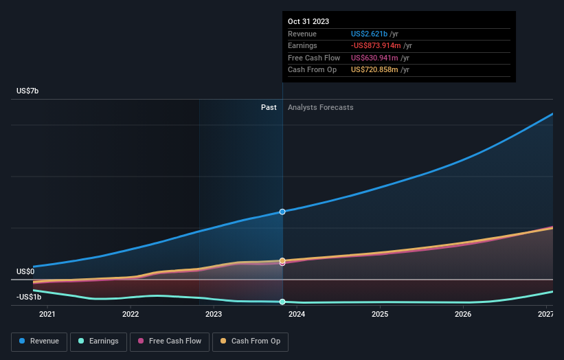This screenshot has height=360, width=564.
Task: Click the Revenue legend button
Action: pos(39,341)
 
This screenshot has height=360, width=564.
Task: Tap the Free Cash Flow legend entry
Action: pos(170,341)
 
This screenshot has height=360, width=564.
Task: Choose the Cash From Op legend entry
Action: pos(251,341)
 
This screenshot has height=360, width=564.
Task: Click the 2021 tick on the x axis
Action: pos(47,315)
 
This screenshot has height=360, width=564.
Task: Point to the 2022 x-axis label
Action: pos(131,315)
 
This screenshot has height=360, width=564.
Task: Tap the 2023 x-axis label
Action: pos(214,315)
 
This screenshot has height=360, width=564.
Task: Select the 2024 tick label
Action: pos(297,315)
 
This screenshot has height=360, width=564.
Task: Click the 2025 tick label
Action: pos(380,315)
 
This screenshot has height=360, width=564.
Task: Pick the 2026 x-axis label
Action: pos(463,315)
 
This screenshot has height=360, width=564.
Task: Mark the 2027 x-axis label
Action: pos(546,315)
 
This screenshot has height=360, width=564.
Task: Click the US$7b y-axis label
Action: pos(29,91)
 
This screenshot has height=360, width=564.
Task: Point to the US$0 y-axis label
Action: pos(25,271)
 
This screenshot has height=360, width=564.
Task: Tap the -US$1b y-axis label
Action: pos(29,297)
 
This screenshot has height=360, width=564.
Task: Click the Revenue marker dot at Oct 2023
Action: pos(282,212)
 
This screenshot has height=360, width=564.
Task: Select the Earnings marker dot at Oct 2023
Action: pos(282,302)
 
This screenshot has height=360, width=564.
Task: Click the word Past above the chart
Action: pos(269,107)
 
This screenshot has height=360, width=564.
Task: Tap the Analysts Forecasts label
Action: pos(321,107)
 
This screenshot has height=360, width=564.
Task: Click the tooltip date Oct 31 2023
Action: pos(308,21)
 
